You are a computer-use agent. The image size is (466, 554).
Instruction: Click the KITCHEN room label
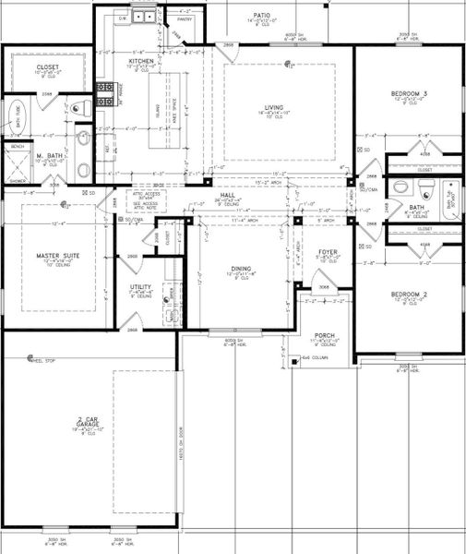(141, 61)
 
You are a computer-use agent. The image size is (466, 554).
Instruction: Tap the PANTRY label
(185, 18)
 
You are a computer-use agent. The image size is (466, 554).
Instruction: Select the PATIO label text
(263, 16)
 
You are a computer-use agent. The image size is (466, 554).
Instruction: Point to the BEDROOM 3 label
(406, 94)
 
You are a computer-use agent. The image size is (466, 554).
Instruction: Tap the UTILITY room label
(141, 287)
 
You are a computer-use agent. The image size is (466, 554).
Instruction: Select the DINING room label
(242, 269)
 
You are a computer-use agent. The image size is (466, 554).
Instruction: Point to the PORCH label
(324, 335)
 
